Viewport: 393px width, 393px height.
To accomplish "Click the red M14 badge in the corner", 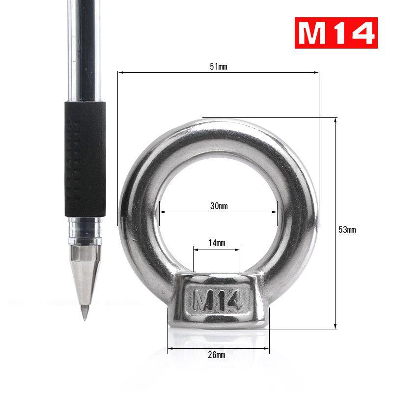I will [336, 33].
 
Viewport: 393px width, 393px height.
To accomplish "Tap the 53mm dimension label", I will [347, 229].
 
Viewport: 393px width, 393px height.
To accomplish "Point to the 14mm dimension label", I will [217, 243].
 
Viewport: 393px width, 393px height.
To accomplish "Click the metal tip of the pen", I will [84, 312].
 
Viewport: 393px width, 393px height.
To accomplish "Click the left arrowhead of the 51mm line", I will [119, 72].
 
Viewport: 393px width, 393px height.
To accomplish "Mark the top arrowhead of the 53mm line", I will [336, 119].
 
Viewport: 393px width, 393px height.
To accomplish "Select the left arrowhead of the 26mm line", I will [169, 349].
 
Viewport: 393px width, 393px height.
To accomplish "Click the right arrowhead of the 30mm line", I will [276, 212].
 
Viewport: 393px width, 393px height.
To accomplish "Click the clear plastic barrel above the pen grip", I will [84, 49].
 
